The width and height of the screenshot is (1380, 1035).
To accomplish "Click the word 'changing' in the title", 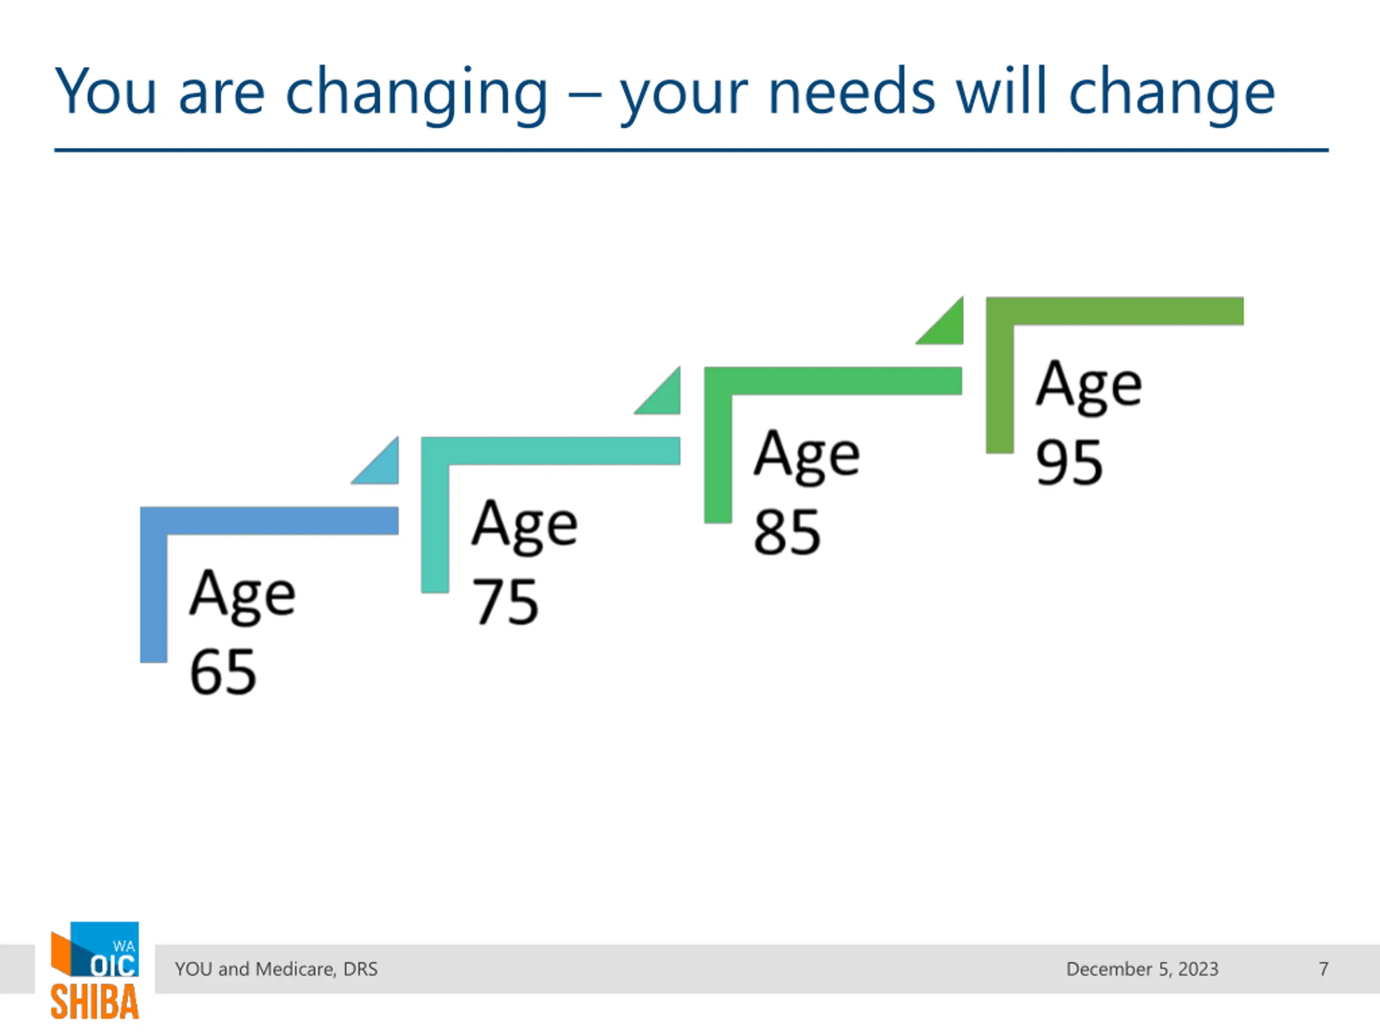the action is coord(416,94).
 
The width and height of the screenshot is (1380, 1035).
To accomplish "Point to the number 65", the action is coord(223,672).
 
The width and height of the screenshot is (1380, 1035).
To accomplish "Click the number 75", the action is coord(505,602).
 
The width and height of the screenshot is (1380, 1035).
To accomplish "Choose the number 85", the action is coord(788,532).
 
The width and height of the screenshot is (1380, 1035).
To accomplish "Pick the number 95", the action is coord(1069,461).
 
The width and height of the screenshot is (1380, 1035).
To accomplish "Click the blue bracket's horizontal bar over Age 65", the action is coord(270,521).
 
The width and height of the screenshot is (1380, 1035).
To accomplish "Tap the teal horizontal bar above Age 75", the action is coord(551,451).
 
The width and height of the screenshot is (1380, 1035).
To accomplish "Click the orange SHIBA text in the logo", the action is coord(95,1003).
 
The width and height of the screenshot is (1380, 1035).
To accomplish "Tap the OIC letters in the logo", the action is coord(112,967).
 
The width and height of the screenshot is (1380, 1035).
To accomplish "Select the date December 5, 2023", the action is coord(1142,969).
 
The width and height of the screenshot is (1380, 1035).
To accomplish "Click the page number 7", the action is coord(1323,969).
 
